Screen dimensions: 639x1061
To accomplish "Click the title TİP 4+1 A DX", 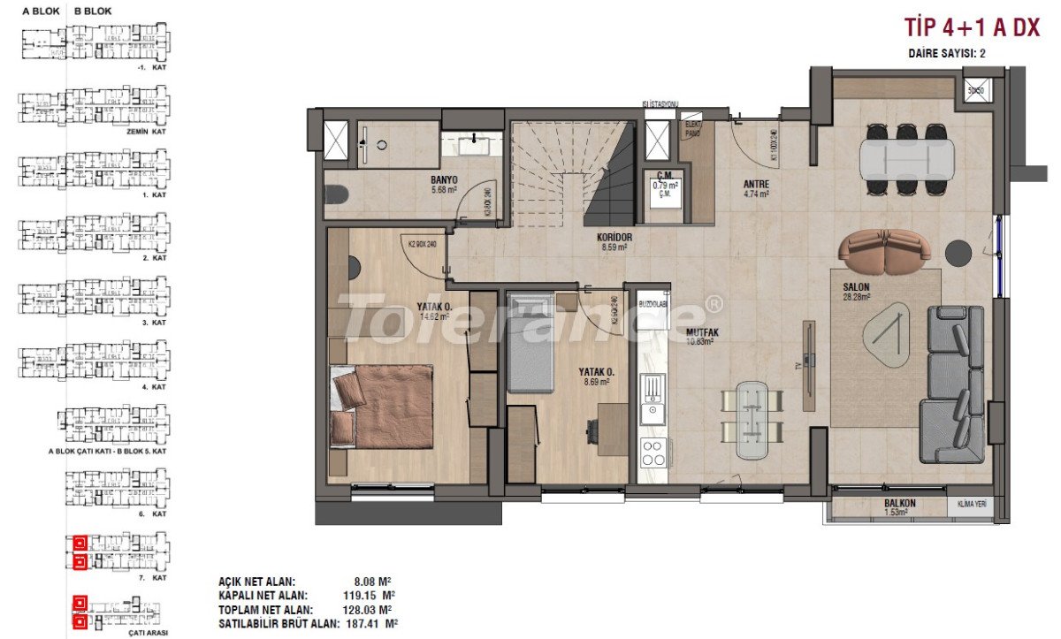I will [x=971, y=28].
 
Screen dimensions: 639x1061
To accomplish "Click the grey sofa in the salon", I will [x=955, y=383].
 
